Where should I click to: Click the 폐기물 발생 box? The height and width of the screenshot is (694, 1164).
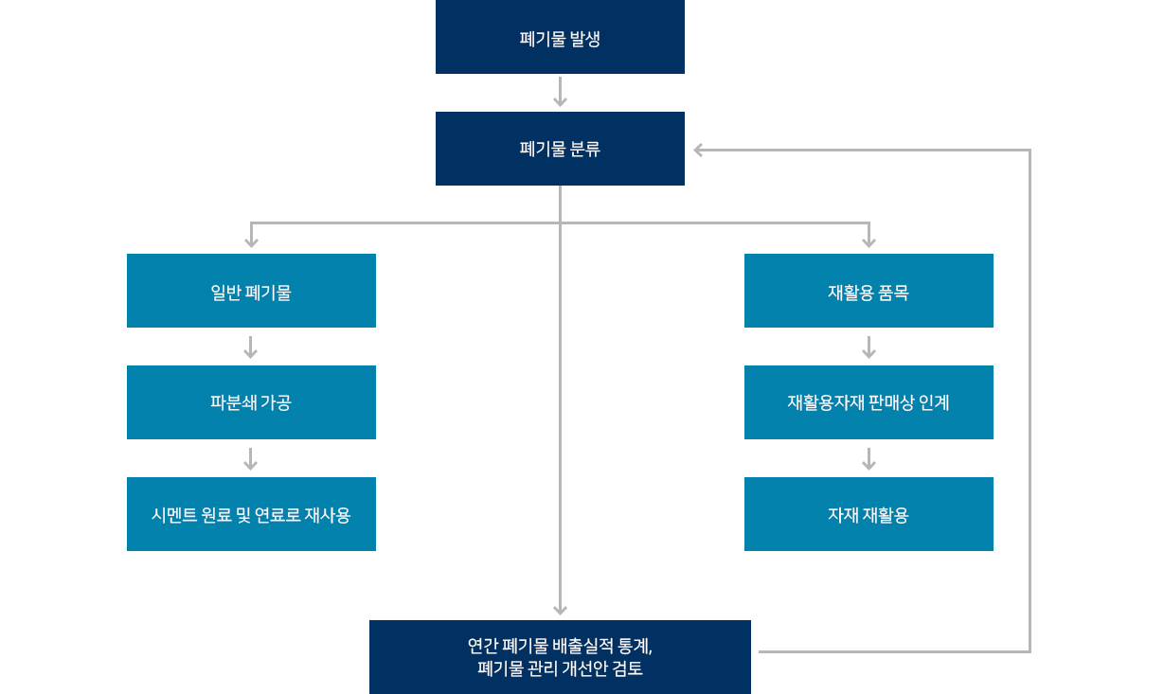[x=560, y=37]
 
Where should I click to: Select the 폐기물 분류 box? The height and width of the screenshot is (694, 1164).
[x=560, y=149]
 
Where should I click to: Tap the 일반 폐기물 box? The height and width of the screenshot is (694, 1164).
[x=251, y=291]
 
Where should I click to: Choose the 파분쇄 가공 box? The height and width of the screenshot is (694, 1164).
[x=251, y=402]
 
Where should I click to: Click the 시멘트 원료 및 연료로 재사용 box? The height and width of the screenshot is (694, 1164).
[x=251, y=514]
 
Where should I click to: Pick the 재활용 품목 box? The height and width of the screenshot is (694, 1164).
[x=869, y=291]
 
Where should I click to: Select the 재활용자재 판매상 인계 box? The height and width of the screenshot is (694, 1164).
[x=869, y=402]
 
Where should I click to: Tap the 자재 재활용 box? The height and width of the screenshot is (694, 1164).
[x=869, y=514]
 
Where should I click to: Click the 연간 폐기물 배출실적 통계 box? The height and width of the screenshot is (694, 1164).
[x=560, y=657]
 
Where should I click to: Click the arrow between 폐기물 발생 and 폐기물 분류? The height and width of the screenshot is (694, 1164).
[x=560, y=93]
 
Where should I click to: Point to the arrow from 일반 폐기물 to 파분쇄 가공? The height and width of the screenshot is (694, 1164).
[x=251, y=347]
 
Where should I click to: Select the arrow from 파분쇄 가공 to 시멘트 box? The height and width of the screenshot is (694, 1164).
[x=251, y=458]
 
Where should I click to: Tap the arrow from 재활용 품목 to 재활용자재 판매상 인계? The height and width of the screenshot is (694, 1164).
[x=869, y=347]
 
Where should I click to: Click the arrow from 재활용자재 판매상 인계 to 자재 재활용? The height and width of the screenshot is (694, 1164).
[x=869, y=458]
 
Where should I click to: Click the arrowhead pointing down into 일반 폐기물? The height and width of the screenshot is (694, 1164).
[x=251, y=241]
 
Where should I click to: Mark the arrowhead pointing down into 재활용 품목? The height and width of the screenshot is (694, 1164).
[x=869, y=241]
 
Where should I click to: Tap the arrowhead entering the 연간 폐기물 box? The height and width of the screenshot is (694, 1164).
[x=560, y=609]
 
